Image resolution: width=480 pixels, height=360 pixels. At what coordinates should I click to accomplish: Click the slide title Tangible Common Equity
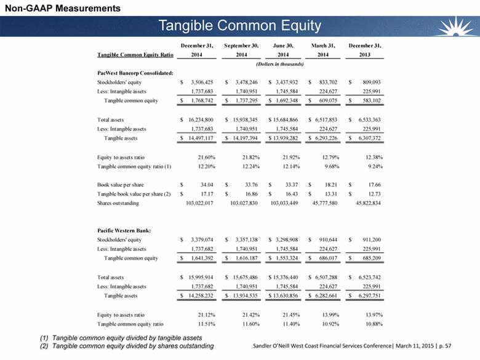(x=239, y=25)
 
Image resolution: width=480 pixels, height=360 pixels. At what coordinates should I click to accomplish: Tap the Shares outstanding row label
(x=118, y=203)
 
